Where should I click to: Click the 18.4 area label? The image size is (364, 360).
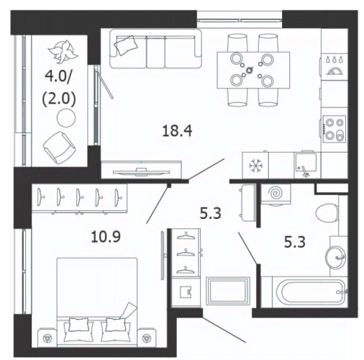coord(177,131)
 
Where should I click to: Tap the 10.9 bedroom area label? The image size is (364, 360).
coord(106,236)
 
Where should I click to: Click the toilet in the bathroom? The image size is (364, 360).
coord(327,213)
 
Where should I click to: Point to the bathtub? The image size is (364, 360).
coord(310,292)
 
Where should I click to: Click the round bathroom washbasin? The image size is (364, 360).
coord(336,257)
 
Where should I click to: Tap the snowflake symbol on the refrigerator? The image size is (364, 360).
coord(255,166)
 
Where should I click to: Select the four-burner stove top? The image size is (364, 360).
coord(335,129)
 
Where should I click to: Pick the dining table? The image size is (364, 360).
coord(253,70)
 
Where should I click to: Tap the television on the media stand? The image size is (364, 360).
coord(141,172)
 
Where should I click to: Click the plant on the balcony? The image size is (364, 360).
coord(63,50)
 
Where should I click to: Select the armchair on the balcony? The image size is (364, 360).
coord(58,148)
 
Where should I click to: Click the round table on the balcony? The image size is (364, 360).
coord(66,117)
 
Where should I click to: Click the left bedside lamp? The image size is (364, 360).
coord(47,338)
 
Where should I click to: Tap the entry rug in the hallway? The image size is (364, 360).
coord(228,291)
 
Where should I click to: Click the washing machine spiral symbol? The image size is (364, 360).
coord(276,193)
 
